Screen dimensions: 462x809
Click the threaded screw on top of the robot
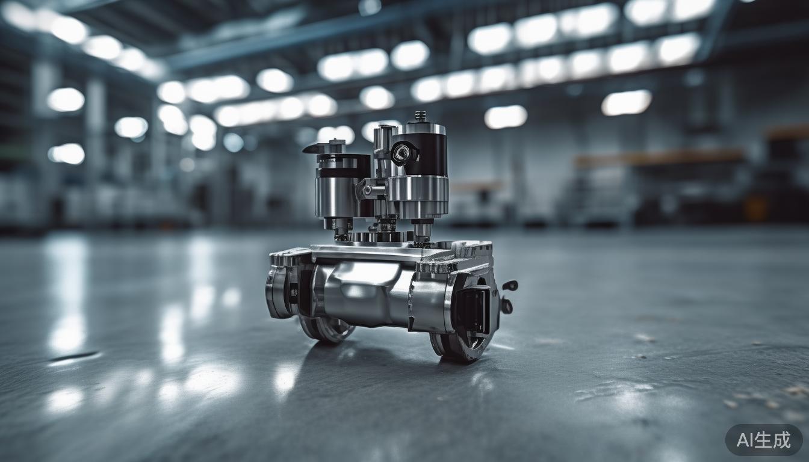tap(420, 115)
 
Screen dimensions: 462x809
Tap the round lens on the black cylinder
tap(401, 153)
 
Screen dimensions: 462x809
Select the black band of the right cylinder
tap(425, 155)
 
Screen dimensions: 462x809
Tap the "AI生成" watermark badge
tap(763, 440)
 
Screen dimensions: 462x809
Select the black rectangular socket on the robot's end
tap(472, 311)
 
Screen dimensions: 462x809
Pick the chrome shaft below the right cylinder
tap(423, 230)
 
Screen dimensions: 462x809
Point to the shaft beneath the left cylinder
tap(339, 226)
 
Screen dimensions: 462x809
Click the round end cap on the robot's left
tap(278, 292)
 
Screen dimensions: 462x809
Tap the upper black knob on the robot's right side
tap(510, 285)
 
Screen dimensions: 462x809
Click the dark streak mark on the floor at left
tap(73, 357)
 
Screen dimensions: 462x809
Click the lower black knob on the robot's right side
tap(507, 306)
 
